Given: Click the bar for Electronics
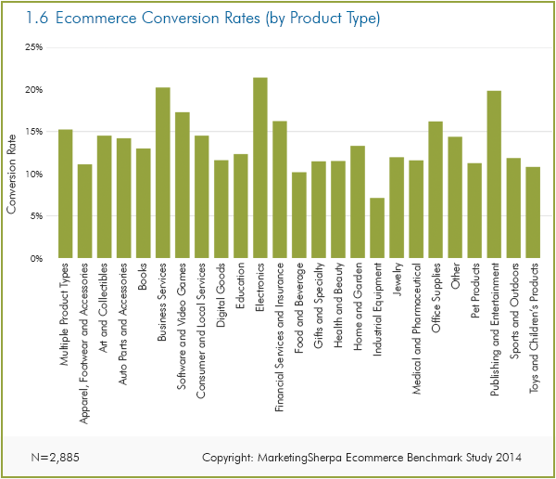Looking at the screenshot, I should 260,168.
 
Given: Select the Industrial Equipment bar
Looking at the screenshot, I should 377,228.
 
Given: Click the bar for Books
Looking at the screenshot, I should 144,203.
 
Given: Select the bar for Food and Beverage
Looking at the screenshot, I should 298,215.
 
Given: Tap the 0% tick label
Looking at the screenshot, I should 36,259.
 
